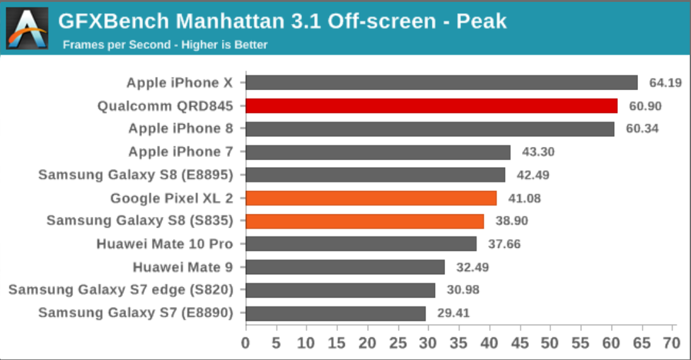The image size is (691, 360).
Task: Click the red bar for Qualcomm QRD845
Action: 431,106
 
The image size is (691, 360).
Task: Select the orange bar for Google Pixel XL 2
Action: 371,198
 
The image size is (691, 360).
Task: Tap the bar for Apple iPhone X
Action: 441,83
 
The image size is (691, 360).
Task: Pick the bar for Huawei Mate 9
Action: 345,267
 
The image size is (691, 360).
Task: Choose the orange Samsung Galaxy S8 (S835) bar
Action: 364,221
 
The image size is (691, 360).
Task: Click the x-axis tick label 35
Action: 458,343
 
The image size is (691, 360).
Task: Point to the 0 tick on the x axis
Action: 245,343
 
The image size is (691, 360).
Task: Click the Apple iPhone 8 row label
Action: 181,129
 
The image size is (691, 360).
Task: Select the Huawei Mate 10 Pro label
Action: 165,244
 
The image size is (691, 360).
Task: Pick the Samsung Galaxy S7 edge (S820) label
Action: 121,290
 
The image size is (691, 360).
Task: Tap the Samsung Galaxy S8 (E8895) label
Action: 136,175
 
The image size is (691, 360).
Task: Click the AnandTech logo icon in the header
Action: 27,28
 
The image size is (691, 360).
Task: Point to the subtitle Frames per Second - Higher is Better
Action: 165,45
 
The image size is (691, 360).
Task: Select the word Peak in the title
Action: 482,22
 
